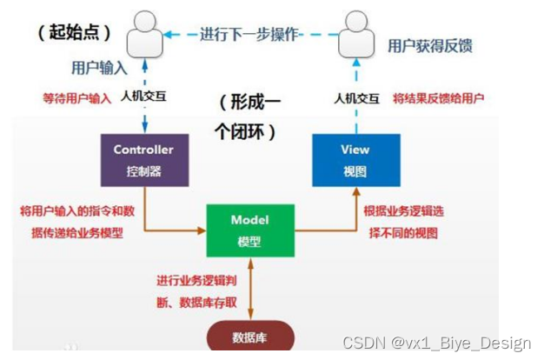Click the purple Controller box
point(143,158)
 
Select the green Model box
point(249,229)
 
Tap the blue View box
point(355,158)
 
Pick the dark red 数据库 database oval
point(250,337)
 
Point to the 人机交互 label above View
point(356,98)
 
